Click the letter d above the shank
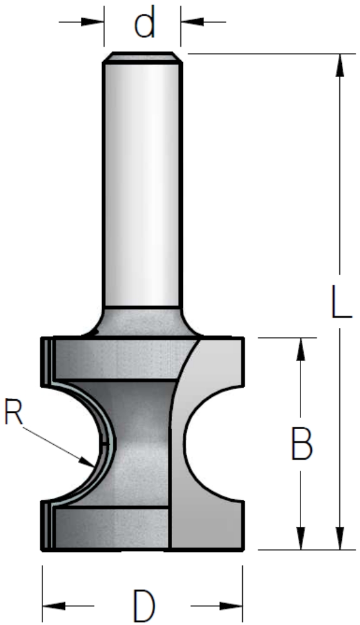pos(145,24)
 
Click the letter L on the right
pos(342,301)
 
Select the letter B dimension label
pos(302,443)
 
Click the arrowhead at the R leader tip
pos(88,462)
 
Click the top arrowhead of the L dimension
pos(339,64)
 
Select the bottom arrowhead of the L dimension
pos(339,539)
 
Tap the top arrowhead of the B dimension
pos(301,349)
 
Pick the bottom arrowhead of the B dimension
pos(301,539)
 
